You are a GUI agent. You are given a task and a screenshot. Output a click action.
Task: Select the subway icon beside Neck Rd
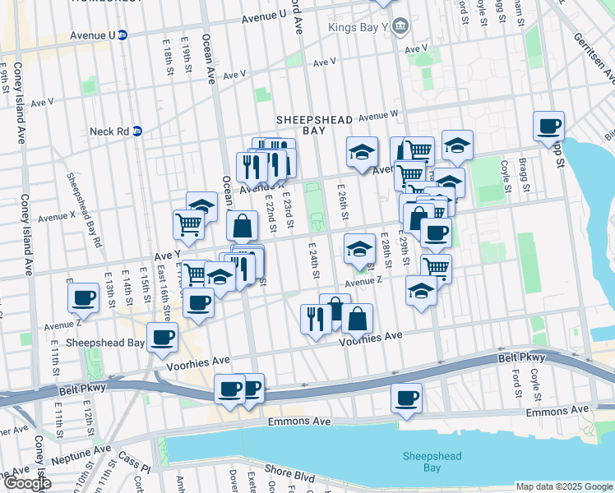pos(137,131)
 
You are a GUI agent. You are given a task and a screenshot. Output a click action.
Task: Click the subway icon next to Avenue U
pos(122,35)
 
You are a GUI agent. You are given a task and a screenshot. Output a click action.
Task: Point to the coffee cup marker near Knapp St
pos(548,127)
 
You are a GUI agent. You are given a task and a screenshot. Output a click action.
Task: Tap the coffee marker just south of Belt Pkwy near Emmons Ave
pos(405,399)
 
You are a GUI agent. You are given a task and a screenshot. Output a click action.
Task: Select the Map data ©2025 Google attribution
pos(563,486)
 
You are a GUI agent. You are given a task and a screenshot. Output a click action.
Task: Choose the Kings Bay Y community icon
pos(400,26)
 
